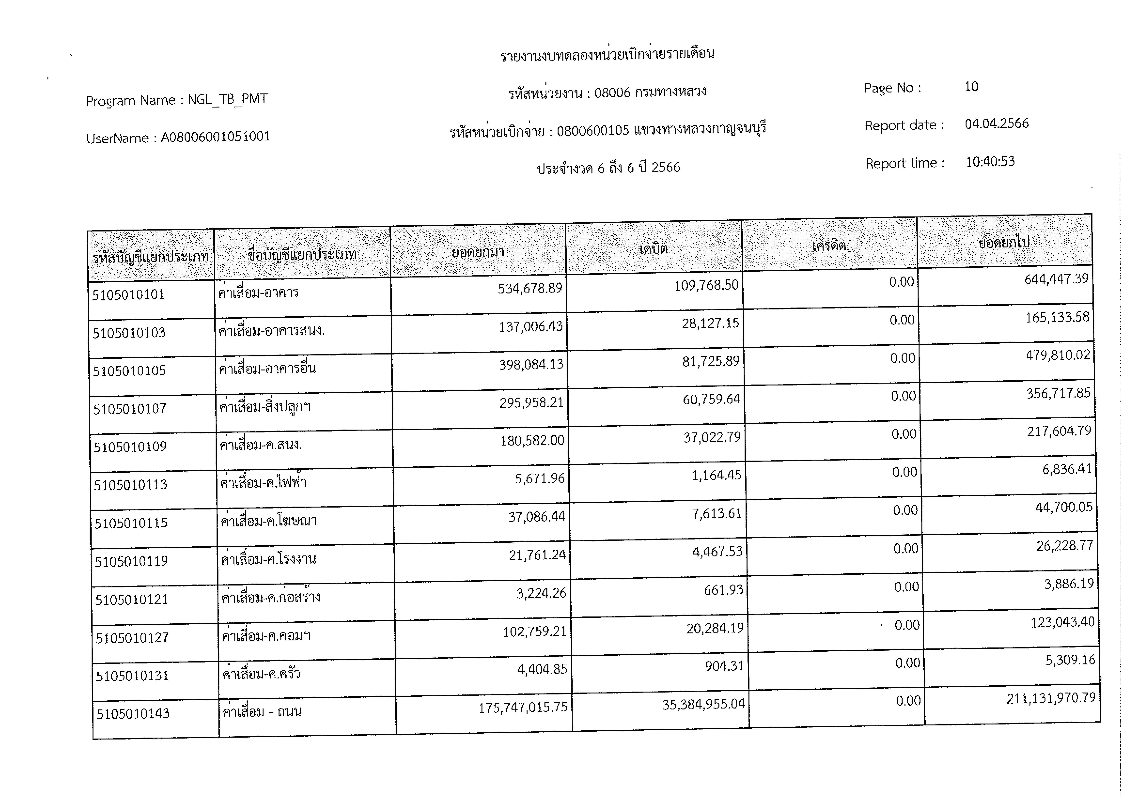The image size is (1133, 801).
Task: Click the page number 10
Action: tap(971, 87)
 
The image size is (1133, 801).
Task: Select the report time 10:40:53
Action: tap(990, 162)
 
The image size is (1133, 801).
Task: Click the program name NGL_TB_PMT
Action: tap(228, 99)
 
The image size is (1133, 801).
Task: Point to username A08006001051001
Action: tap(216, 137)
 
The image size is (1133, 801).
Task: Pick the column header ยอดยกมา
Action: tap(478, 252)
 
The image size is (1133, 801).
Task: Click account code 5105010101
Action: tap(128, 295)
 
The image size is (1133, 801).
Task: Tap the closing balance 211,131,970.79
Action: tap(1051, 698)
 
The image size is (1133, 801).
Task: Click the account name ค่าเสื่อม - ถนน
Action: tap(262, 712)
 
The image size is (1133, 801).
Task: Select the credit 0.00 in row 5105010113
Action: tap(904, 472)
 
